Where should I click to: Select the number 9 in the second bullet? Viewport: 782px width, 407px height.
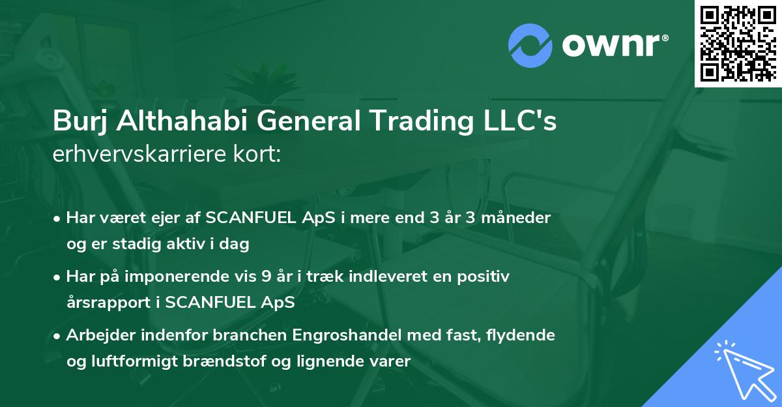(x=266, y=277)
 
